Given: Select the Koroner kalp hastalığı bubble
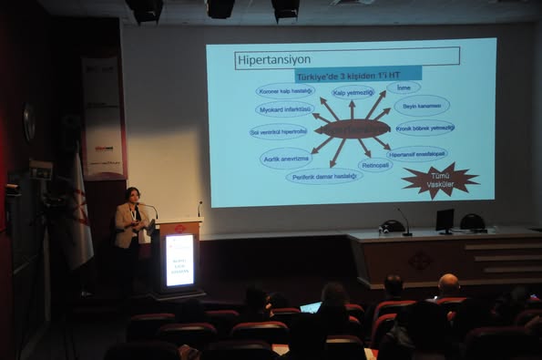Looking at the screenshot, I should click(x=285, y=90).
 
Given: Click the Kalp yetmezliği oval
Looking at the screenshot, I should click(x=353, y=92).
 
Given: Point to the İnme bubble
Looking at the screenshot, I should click(x=404, y=87).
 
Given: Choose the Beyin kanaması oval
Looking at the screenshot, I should click(x=421, y=105).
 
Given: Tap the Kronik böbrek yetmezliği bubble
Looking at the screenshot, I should click(x=424, y=128).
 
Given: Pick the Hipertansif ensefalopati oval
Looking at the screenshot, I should click(x=417, y=153).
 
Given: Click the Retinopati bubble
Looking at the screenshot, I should click(x=375, y=165).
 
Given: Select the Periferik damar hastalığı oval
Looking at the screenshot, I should click(x=323, y=175).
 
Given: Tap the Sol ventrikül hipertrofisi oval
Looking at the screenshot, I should click(x=279, y=131).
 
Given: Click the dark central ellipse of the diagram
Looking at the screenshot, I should click(x=352, y=129).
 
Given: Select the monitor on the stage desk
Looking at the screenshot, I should click(x=445, y=220).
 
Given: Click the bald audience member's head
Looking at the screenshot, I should click(x=448, y=285).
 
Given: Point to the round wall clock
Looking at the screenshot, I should click(x=29, y=121).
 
